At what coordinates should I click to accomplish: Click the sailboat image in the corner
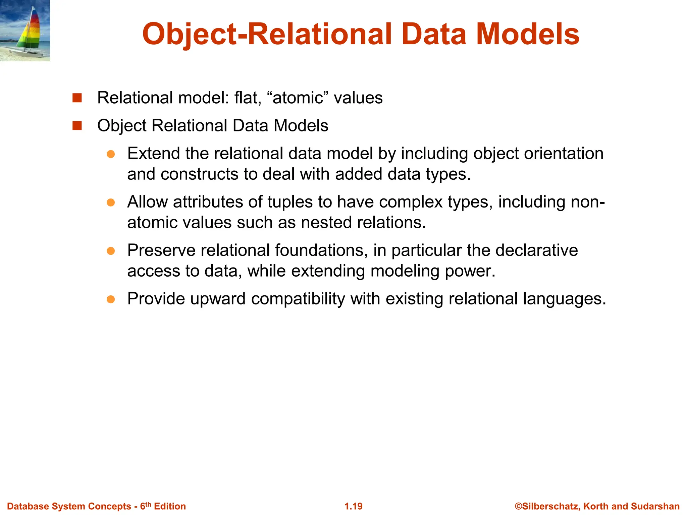point(25,31)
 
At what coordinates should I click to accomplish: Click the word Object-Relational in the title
point(267,35)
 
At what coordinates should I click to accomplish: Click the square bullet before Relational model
point(77,98)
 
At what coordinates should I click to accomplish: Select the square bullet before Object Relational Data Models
point(77,126)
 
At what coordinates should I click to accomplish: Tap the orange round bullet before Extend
point(111,154)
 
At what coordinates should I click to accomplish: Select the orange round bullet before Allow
point(111,203)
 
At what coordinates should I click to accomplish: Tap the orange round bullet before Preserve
point(111,251)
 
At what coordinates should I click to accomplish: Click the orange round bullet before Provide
point(111,299)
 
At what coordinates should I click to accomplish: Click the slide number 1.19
point(353,506)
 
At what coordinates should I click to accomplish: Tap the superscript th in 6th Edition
point(148,504)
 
